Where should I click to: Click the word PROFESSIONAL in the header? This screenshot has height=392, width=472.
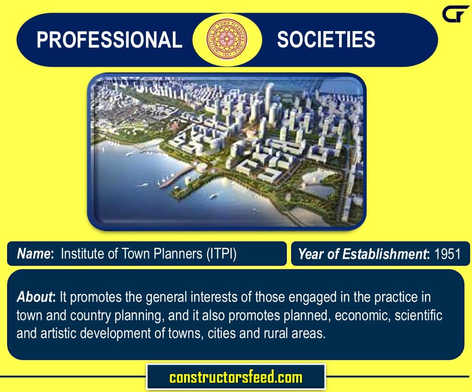(x=109, y=40)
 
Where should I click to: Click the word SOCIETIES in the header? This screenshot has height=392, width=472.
(x=326, y=40)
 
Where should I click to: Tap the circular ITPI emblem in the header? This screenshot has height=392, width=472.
(x=227, y=39)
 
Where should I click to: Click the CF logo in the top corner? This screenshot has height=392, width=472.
(x=455, y=14)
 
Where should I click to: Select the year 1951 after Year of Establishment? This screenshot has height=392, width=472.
(x=448, y=254)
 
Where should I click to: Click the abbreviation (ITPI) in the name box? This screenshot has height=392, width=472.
(x=221, y=254)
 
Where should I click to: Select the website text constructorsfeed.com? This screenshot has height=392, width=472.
(x=236, y=377)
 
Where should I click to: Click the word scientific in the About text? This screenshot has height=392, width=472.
(x=418, y=315)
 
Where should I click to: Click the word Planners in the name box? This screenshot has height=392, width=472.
(x=178, y=254)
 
